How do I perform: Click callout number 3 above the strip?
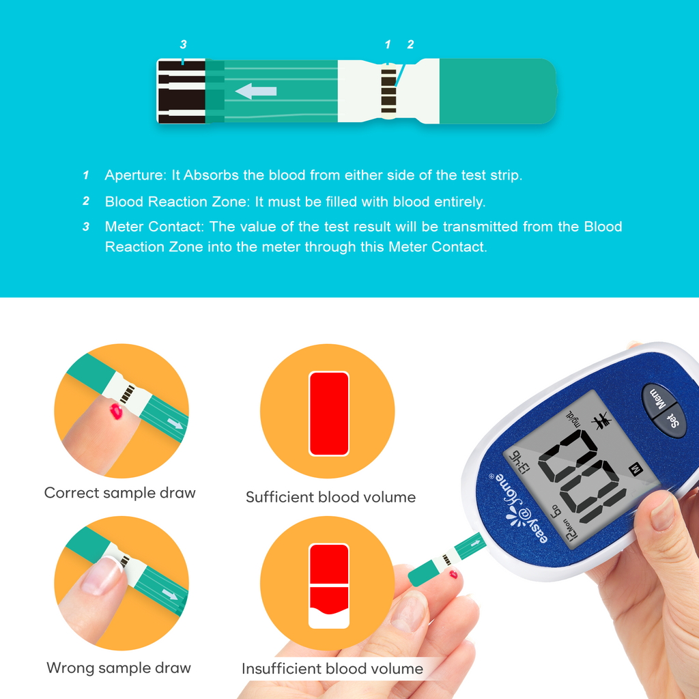[x=183, y=45]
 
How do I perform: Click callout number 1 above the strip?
[x=388, y=45]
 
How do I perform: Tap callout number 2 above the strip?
[x=410, y=45]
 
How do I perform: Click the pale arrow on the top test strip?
[x=256, y=91]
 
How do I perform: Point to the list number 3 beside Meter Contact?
[x=86, y=227]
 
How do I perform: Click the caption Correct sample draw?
[x=120, y=493]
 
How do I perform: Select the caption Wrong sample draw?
[x=119, y=668]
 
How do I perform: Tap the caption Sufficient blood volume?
[x=330, y=497]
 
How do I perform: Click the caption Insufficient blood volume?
[x=332, y=668]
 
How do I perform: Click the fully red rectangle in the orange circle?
[x=329, y=414]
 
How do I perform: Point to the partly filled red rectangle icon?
[x=329, y=585]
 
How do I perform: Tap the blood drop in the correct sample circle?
[x=117, y=412]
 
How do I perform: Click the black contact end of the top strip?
[x=182, y=91]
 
